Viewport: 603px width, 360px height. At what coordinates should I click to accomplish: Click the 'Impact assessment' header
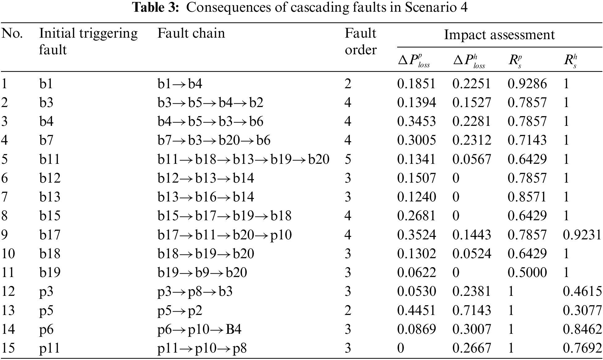coord(499,35)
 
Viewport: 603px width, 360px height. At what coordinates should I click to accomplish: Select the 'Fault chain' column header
coord(191,33)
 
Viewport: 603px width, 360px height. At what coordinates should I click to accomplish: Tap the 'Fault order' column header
coord(360,41)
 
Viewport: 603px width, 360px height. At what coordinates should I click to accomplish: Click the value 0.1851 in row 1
coord(416,84)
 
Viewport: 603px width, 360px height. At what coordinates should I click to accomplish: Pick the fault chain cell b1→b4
coord(180,84)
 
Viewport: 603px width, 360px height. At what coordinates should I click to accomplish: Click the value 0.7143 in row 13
coord(472,310)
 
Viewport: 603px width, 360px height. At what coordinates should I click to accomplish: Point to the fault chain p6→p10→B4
coord(199,329)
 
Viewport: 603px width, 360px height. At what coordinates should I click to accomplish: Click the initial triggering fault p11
coord(49,348)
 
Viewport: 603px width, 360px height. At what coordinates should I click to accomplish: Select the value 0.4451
coord(416,310)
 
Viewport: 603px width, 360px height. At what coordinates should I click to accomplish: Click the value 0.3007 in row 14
coord(472,329)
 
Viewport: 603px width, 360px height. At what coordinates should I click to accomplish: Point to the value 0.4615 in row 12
coord(582,292)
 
